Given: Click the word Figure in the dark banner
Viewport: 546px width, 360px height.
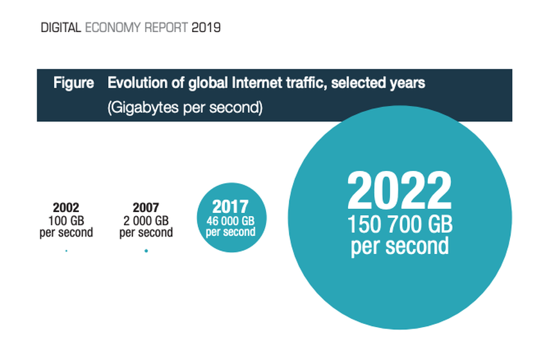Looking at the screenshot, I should click(74, 83).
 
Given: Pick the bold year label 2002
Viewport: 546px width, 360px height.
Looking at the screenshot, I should click(66, 208).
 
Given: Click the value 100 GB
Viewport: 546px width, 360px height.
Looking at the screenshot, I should click(66, 220).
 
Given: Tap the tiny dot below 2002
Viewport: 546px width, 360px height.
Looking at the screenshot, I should click(66, 251).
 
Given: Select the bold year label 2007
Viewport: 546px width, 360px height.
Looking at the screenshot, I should click(146, 208).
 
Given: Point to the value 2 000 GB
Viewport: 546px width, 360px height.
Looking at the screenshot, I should click(146, 220).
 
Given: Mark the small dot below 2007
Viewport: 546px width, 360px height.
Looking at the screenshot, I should click(146, 251).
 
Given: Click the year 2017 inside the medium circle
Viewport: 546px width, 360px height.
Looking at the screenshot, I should click(231, 207).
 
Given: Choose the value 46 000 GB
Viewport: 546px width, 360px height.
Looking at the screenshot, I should click(231, 221).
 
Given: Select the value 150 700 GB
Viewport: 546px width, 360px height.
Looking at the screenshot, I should click(399, 226).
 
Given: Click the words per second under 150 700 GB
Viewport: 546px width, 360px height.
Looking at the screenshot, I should click(399, 247).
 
